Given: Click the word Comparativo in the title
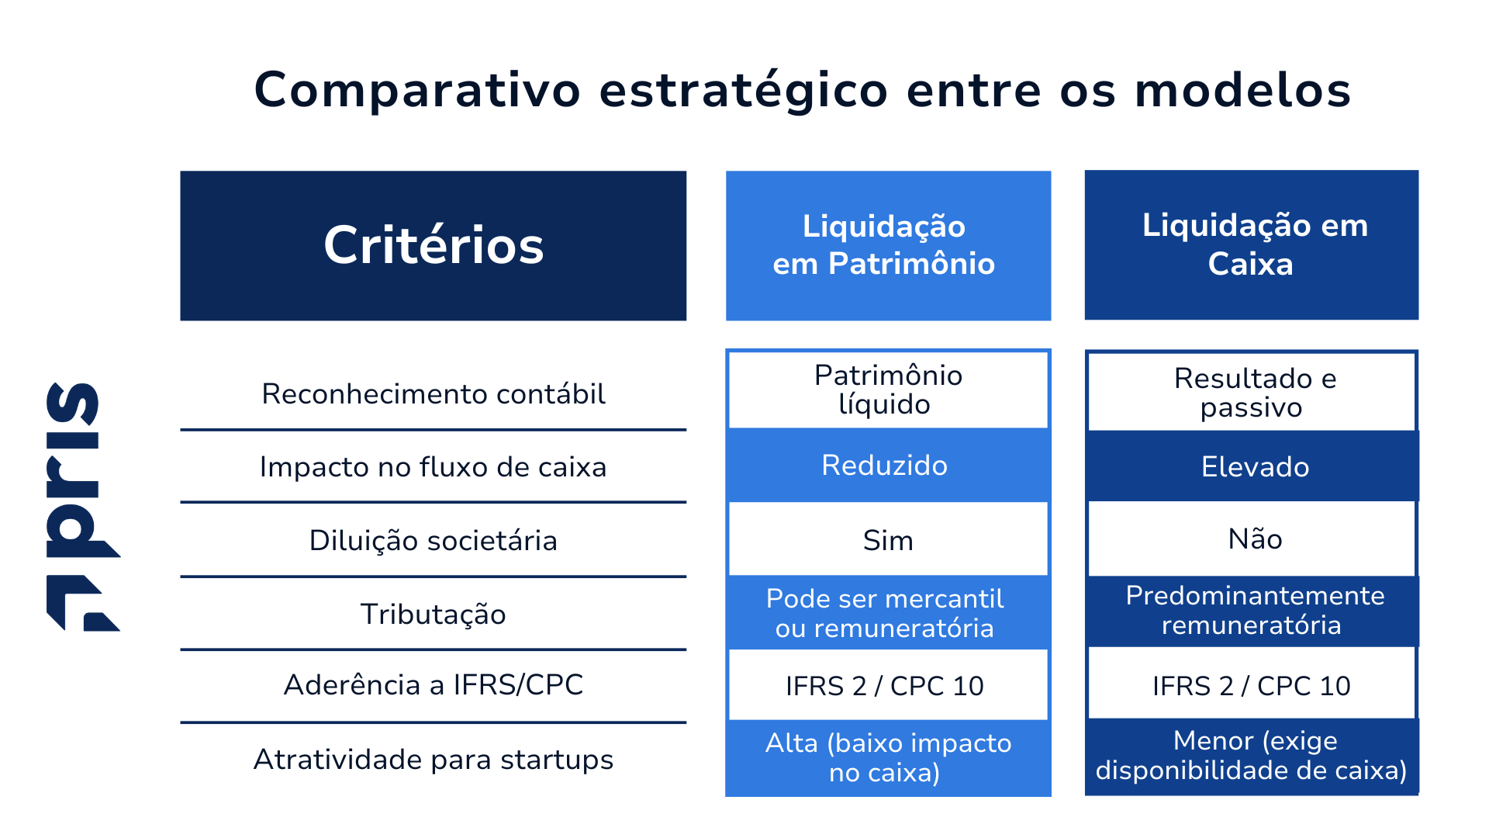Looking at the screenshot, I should pyautogui.click(x=417, y=91).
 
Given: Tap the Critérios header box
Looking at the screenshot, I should pyautogui.click(x=433, y=245).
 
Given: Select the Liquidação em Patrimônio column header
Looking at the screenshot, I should pyautogui.click(x=888, y=245).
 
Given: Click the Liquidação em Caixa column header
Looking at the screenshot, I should pyautogui.click(x=1251, y=245).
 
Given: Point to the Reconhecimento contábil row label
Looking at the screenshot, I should pyautogui.click(x=433, y=394).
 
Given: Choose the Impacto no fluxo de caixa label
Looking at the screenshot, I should pyautogui.click(x=433, y=467).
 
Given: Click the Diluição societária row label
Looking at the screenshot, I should pyautogui.click(x=433, y=541).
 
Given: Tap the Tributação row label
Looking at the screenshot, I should pyautogui.click(x=433, y=615).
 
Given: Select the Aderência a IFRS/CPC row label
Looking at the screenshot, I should pyautogui.click(x=433, y=685).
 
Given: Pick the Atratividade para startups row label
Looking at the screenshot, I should pyautogui.click(x=433, y=760).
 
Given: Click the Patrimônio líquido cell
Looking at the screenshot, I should pyautogui.click(x=888, y=390).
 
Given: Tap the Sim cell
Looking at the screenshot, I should pyautogui.click(x=888, y=540).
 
